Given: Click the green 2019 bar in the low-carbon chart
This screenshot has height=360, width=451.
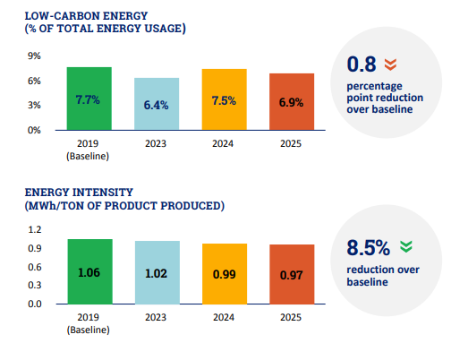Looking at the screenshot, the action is (x=89, y=99).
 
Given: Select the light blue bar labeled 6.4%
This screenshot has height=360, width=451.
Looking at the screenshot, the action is (x=157, y=104).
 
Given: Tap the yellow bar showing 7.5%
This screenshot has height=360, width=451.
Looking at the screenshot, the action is (x=225, y=99).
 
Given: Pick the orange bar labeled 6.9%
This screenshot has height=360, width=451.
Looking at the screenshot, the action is (x=292, y=102).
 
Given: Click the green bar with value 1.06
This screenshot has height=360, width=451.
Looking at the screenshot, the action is (x=90, y=271).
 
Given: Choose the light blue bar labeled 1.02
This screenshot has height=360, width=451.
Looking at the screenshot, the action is (x=157, y=272).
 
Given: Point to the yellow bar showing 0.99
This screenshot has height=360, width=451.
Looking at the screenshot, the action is (x=225, y=274).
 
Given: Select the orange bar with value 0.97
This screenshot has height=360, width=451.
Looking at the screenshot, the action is (x=292, y=274).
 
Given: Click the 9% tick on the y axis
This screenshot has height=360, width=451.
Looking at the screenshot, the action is (x=34, y=56).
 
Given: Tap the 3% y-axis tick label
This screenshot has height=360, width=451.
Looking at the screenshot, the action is (x=34, y=105).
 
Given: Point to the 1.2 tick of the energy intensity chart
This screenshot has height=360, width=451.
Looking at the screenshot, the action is (x=35, y=229).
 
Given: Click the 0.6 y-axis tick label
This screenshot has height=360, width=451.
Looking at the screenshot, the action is (x=35, y=267).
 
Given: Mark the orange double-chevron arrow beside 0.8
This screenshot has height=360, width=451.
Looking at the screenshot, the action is (x=390, y=64).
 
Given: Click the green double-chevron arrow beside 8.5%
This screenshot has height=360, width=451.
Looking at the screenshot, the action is (x=406, y=246).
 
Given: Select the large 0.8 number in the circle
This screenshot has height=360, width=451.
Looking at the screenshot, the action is (x=362, y=64).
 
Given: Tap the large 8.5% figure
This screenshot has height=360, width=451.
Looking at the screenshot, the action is (x=369, y=248).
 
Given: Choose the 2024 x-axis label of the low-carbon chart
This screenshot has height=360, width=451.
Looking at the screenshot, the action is (x=223, y=143).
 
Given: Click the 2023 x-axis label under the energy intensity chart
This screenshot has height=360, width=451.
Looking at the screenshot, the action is (x=156, y=317).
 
